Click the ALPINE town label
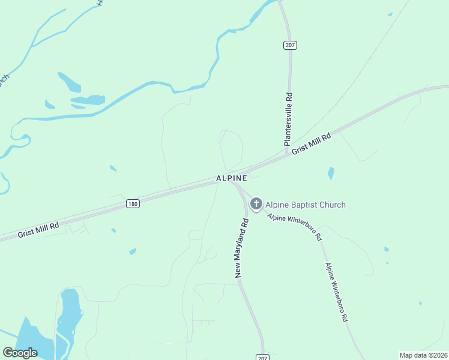click(232, 179)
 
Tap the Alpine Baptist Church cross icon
click(256, 205)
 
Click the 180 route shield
click(133, 204)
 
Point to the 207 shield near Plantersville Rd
click(290, 45)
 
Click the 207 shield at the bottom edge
click(262, 356)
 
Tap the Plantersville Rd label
click(289, 120)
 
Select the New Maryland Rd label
click(242, 248)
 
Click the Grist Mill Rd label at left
click(38, 228)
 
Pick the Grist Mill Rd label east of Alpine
click(312, 145)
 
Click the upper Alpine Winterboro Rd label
click(295, 227)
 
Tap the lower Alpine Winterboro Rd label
click(337, 292)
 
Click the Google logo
click(20, 353)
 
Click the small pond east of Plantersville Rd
click(331, 173)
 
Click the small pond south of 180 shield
click(132, 251)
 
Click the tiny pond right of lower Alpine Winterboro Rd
click(386, 249)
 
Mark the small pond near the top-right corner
click(390, 14)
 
